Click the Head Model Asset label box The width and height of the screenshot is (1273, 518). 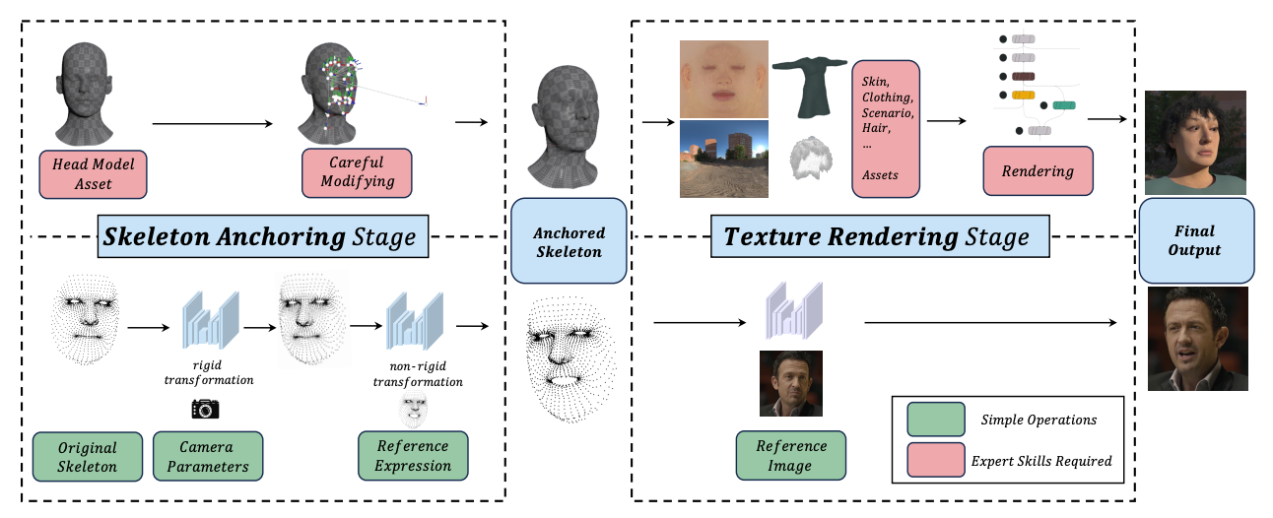pyautogui.click(x=94, y=173)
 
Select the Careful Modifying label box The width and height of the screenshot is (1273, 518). pyautogui.click(x=356, y=172)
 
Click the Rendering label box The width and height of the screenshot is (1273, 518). pyautogui.click(x=1038, y=171)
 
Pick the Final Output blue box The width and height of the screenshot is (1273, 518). pyautogui.click(x=1194, y=241)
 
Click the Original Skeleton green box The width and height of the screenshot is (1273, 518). pyautogui.click(x=87, y=456)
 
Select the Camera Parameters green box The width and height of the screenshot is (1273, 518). pyautogui.click(x=207, y=456)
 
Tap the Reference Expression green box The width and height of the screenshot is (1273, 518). pyautogui.click(x=413, y=456)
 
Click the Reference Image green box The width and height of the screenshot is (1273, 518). pyautogui.click(x=792, y=456)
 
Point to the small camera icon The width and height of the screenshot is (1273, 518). pyautogui.click(x=205, y=409)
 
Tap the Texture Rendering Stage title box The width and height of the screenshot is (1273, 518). pyautogui.click(x=877, y=237)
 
